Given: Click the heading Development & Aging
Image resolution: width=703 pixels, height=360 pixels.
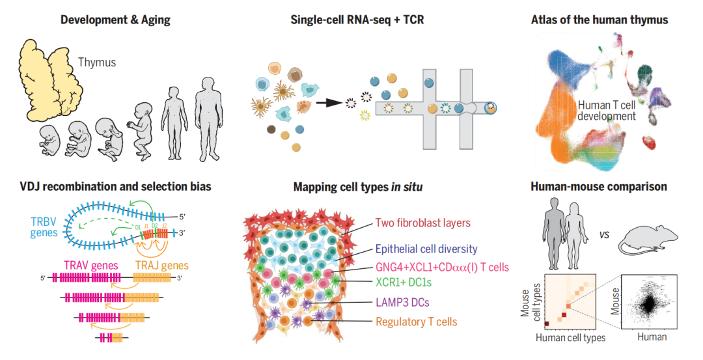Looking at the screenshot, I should (115, 20).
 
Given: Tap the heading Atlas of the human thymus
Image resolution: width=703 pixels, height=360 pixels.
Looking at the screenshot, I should (599, 20).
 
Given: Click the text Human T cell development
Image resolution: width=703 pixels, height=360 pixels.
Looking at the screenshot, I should (606, 110).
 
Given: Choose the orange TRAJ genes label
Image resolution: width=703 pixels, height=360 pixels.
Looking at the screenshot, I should (162, 265).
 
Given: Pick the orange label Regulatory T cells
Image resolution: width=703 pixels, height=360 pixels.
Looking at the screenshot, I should (416, 322).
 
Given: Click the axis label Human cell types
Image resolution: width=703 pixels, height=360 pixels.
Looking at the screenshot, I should (570, 337).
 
